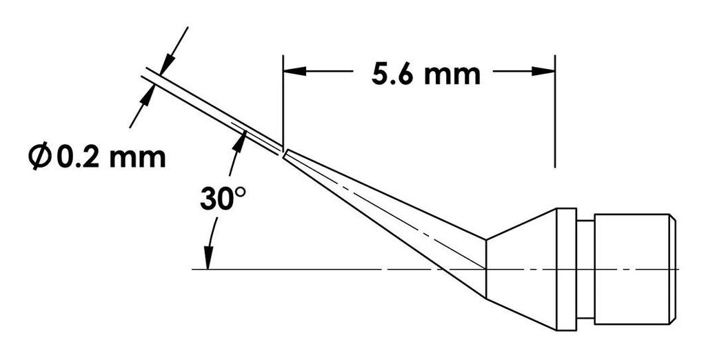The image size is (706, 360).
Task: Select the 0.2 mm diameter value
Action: pyautogui.click(x=111, y=157)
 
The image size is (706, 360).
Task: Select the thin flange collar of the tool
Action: pyautogui.click(x=566, y=269)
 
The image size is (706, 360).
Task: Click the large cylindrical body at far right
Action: pyautogui.click(x=631, y=269)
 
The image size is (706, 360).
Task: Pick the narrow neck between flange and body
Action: pyautogui.click(x=585, y=269)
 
